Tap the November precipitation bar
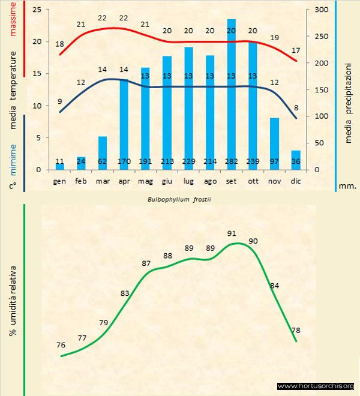tap(274, 144)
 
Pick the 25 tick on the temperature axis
tap(37, 10)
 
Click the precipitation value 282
tap(231, 162)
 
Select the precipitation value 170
tap(124, 162)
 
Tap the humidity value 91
tap(232, 233)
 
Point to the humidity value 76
tap(61, 345)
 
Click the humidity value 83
tap(125, 293)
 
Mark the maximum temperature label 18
tap(59, 44)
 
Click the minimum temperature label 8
tap(295, 108)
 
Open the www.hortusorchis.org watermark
tap(316, 386)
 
